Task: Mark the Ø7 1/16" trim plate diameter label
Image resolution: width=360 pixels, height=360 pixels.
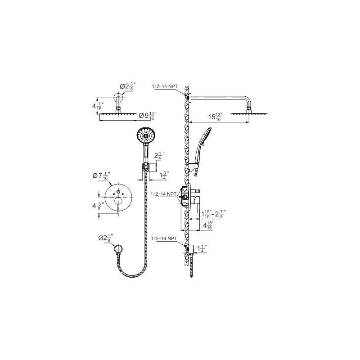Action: click(x=102, y=176)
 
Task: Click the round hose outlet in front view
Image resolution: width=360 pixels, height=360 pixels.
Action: click(x=119, y=249)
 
